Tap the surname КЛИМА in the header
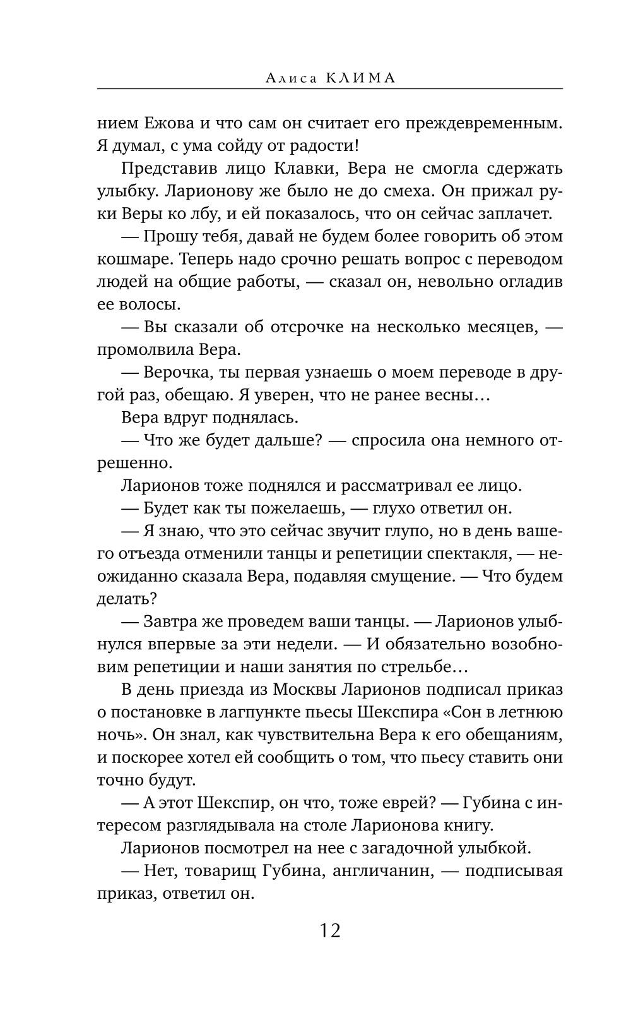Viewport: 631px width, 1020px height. point(361,78)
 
